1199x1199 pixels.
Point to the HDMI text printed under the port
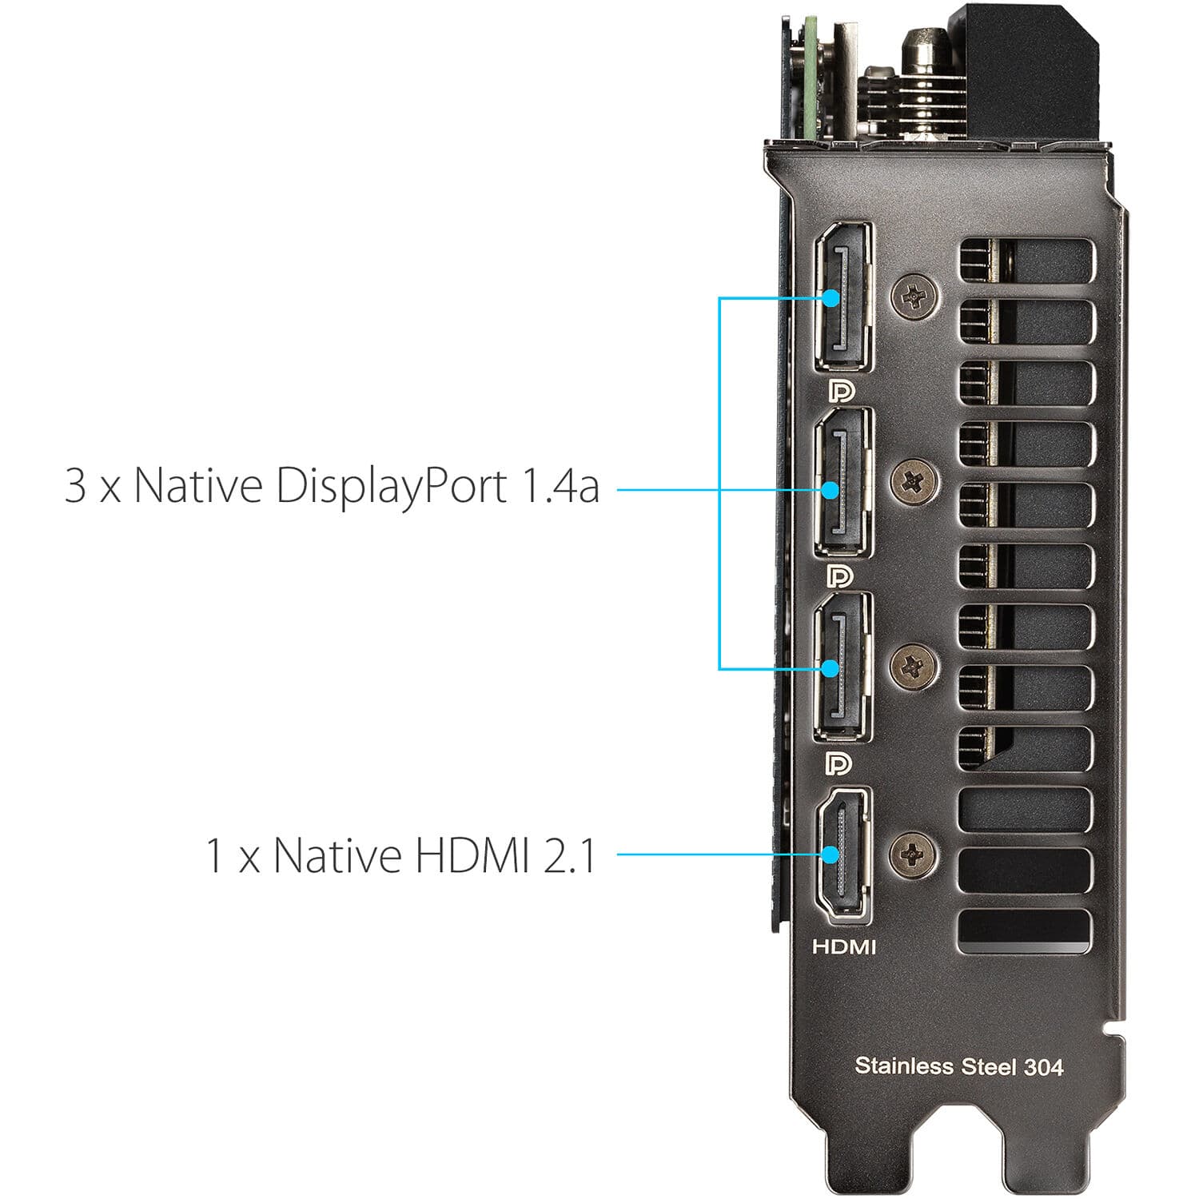[844, 947]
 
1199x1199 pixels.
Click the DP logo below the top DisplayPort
[841, 391]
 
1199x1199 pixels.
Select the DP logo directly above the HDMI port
[839, 763]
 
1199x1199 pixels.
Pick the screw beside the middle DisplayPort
[914, 481]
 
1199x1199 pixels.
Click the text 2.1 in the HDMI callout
[569, 855]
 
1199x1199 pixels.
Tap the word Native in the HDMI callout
[337, 855]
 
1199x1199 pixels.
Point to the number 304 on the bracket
[1044, 1067]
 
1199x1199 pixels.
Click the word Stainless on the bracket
[904, 1066]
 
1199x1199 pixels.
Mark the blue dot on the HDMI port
[831, 854]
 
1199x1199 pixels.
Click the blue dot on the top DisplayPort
[831, 298]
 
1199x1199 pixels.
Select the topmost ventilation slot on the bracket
[1026, 260]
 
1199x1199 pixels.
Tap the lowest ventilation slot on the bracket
[1026, 931]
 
